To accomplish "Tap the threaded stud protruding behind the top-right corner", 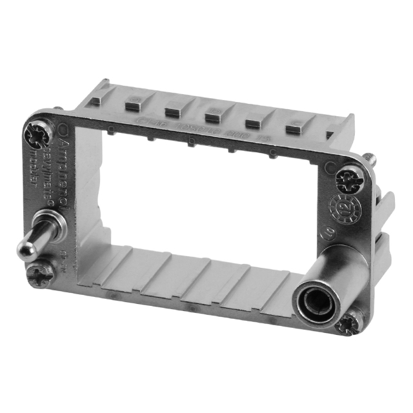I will [x=370, y=157].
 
